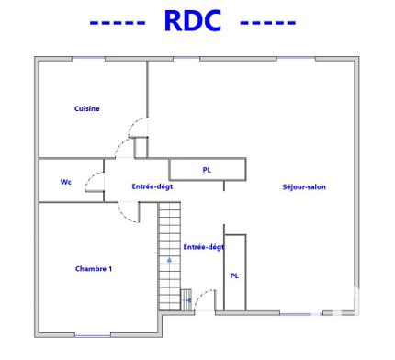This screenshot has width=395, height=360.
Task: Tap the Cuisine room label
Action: pyautogui.click(x=87, y=108)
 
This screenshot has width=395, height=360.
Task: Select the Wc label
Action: pyautogui.click(x=66, y=182)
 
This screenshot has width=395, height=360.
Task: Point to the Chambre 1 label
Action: pyautogui.click(x=93, y=268)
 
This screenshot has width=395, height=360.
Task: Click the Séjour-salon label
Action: pyautogui.click(x=304, y=187)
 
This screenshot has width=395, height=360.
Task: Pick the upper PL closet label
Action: pyautogui.click(x=207, y=170)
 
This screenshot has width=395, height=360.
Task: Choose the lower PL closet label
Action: pyautogui.click(x=234, y=276)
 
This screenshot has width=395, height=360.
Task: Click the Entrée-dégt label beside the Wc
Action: pyautogui.click(x=152, y=186)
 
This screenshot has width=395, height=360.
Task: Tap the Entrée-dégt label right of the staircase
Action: pyautogui.click(x=203, y=246)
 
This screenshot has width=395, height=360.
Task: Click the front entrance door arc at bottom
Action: pyautogui.click(x=204, y=298)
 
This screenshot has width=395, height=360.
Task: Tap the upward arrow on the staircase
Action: pyautogui.click(x=168, y=260)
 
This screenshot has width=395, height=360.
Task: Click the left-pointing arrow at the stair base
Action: pyautogui.click(x=188, y=299)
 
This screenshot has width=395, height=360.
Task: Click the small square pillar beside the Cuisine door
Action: pyautogui.click(x=141, y=147)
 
